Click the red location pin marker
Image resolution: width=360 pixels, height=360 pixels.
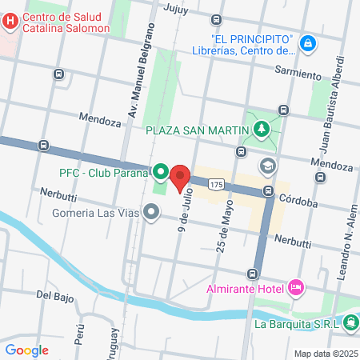tap(180, 176)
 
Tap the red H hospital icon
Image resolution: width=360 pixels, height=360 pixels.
tap(10, 22)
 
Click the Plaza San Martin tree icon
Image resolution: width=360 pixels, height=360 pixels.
tap(261, 129)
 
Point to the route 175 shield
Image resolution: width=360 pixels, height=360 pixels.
tap(217, 185)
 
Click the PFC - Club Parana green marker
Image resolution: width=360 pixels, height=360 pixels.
tap(161, 172)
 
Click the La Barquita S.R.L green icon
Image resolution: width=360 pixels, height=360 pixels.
tap(350, 323)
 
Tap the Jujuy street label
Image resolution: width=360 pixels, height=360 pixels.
tap(174, 10)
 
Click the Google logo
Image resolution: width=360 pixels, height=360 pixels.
tap(26, 350)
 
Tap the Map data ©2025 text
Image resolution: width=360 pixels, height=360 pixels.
tap(325, 353)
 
